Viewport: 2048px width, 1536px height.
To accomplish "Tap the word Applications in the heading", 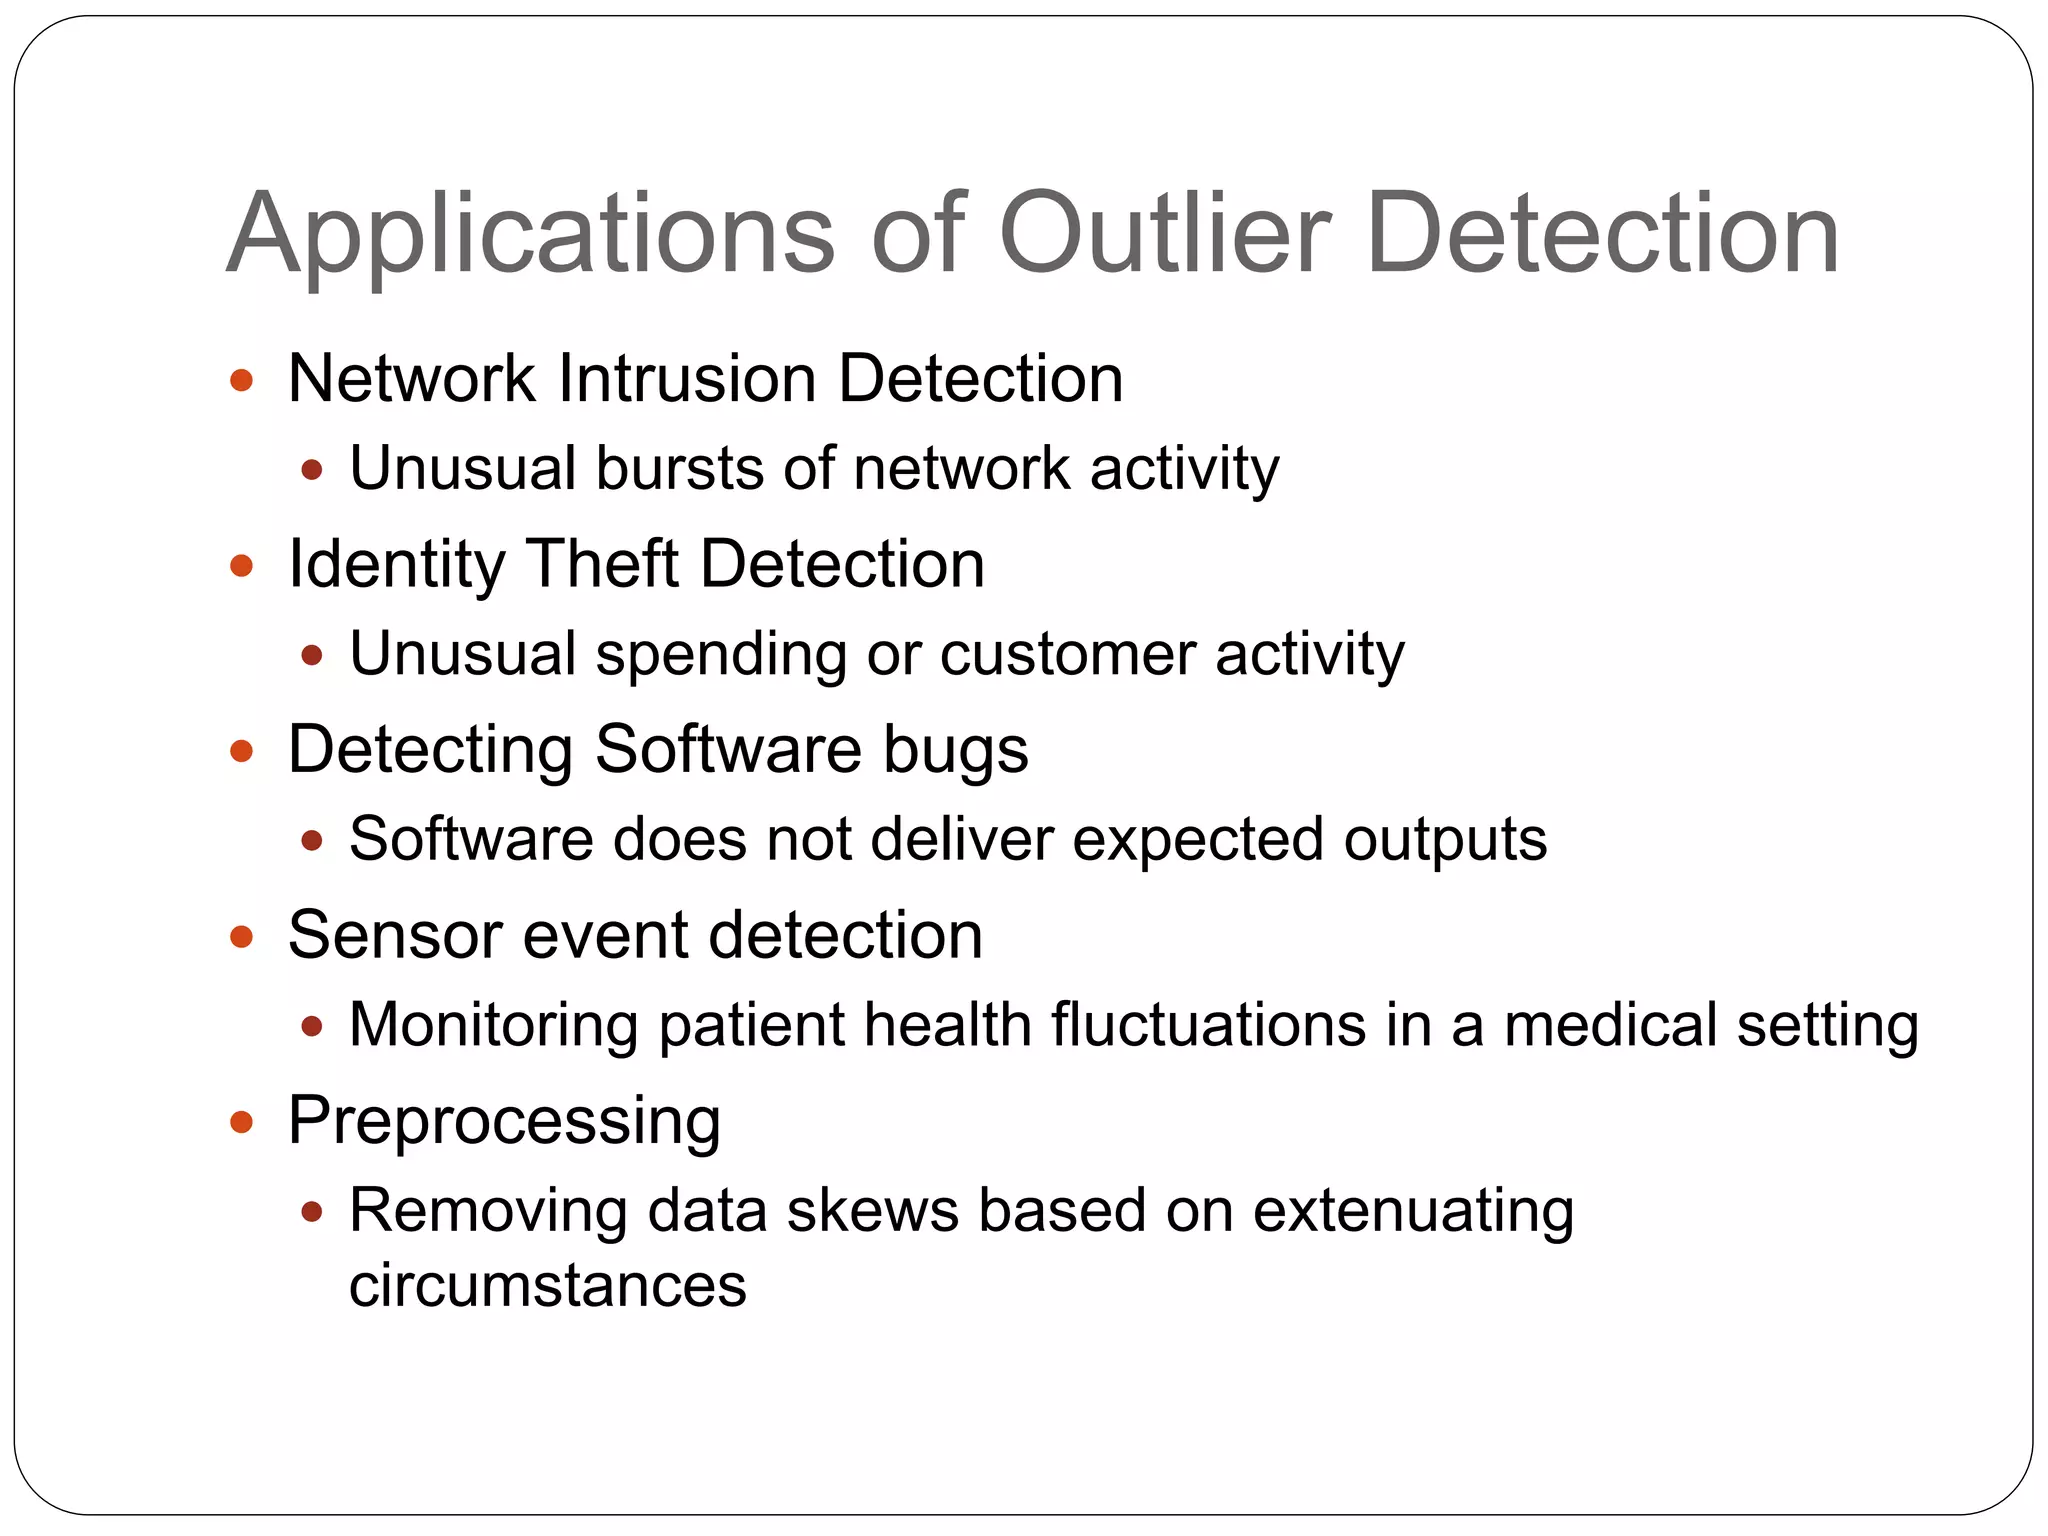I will click(530, 235).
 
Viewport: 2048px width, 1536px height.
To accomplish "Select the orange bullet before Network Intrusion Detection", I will click(241, 380).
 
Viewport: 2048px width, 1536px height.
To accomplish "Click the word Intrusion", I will click(686, 379).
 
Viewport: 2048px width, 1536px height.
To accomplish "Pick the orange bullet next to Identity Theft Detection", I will click(241, 566).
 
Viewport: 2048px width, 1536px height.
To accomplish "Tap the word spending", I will click(721, 656).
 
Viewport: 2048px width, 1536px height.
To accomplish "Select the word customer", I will click(1067, 655).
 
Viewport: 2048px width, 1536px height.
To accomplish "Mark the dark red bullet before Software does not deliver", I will click(312, 840).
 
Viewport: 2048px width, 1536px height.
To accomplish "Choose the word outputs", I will click(1445, 841).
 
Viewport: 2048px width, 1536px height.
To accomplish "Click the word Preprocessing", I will click(504, 1122).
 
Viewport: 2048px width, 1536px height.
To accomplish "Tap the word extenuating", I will click(1414, 1213).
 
